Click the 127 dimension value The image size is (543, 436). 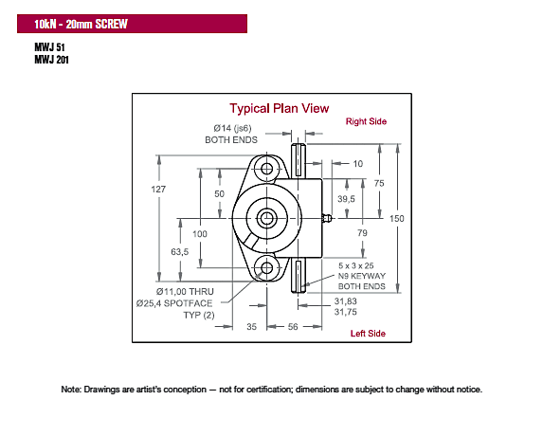pos(158,189)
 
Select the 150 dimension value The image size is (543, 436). pos(396,219)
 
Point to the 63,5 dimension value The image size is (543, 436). pos(180,252)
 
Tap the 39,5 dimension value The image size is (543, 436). pos(346,199)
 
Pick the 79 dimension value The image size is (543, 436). pos(362,233)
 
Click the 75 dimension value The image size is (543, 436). pos(379,183)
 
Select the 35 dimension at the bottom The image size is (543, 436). pos(252,327)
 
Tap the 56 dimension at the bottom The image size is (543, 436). pos(293,327)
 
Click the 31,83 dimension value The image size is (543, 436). pos(345,301)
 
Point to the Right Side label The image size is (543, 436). pos(366,121)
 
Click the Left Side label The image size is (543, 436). pos(368,334)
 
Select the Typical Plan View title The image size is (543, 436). pos(280,109)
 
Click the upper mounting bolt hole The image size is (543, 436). pos(266,169)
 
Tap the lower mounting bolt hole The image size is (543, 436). pos(266,267)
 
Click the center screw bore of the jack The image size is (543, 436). pos(266,218)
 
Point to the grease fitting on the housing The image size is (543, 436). pos(327,218)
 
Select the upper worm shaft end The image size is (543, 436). pos(299,159)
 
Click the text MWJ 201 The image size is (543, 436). pos(51,60)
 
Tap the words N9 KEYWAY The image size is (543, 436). pos(362,276)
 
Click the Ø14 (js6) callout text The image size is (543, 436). pos(232,129)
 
